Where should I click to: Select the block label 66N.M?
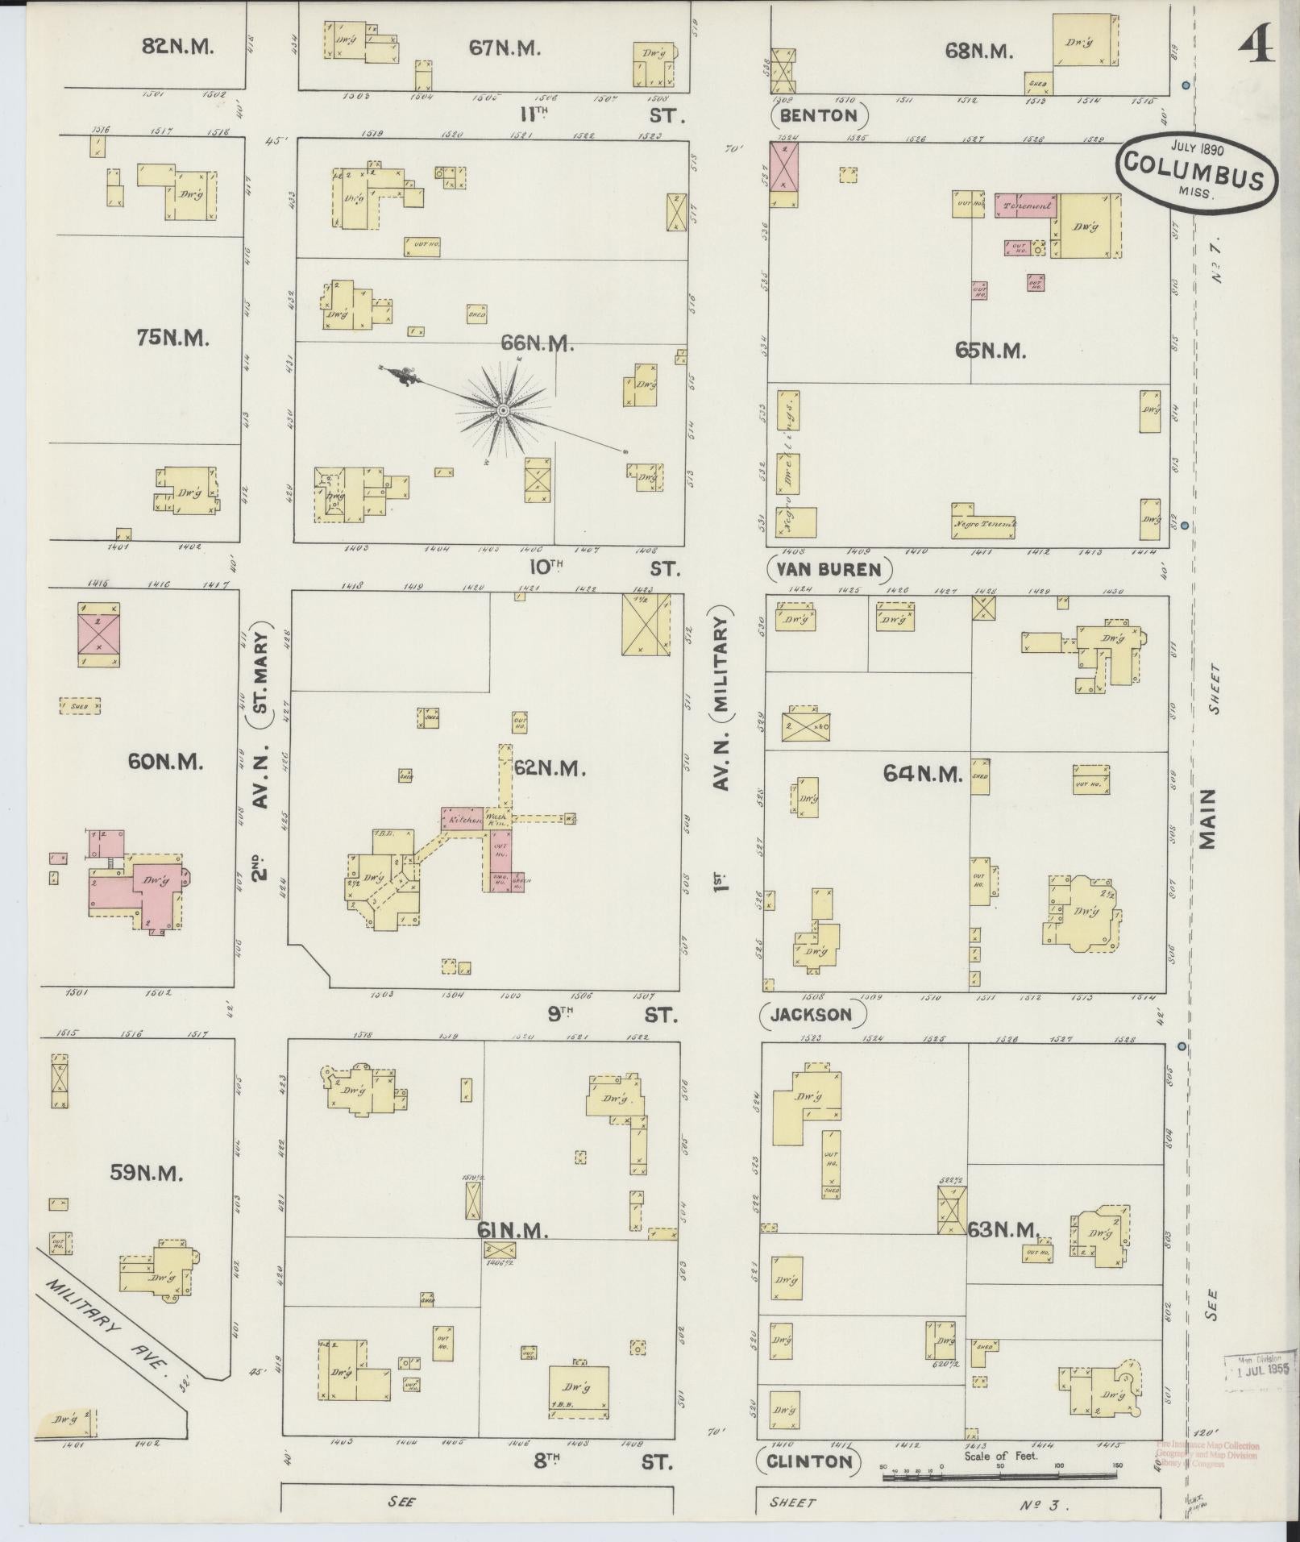538,343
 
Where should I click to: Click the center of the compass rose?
503,411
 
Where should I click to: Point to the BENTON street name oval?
820,116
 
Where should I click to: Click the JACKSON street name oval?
813,1014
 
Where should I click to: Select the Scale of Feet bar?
999,1476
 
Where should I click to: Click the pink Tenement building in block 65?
1027,206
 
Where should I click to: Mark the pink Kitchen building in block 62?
462,819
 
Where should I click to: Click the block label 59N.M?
147,1174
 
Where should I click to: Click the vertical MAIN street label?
1207,818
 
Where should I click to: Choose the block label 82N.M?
177,46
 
